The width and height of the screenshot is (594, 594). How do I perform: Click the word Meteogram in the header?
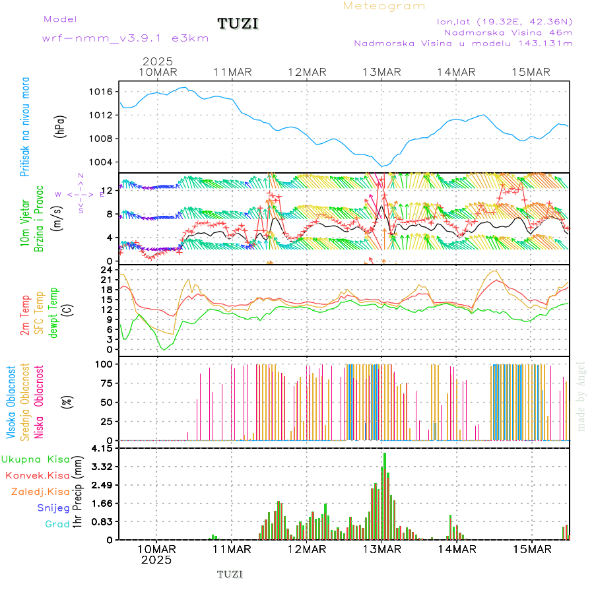tap(384, 6)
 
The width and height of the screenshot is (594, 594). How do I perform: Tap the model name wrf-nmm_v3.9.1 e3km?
tap(125, 38)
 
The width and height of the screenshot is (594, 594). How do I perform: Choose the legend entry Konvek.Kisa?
tap(37, 475)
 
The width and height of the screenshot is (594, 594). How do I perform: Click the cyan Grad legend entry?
tap(57, 524)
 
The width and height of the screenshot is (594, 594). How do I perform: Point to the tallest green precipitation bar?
tap(385, 495)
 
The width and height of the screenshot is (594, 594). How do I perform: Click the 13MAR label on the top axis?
tap(381, 72)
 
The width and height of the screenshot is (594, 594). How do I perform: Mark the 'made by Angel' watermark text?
tap(581, 396)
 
